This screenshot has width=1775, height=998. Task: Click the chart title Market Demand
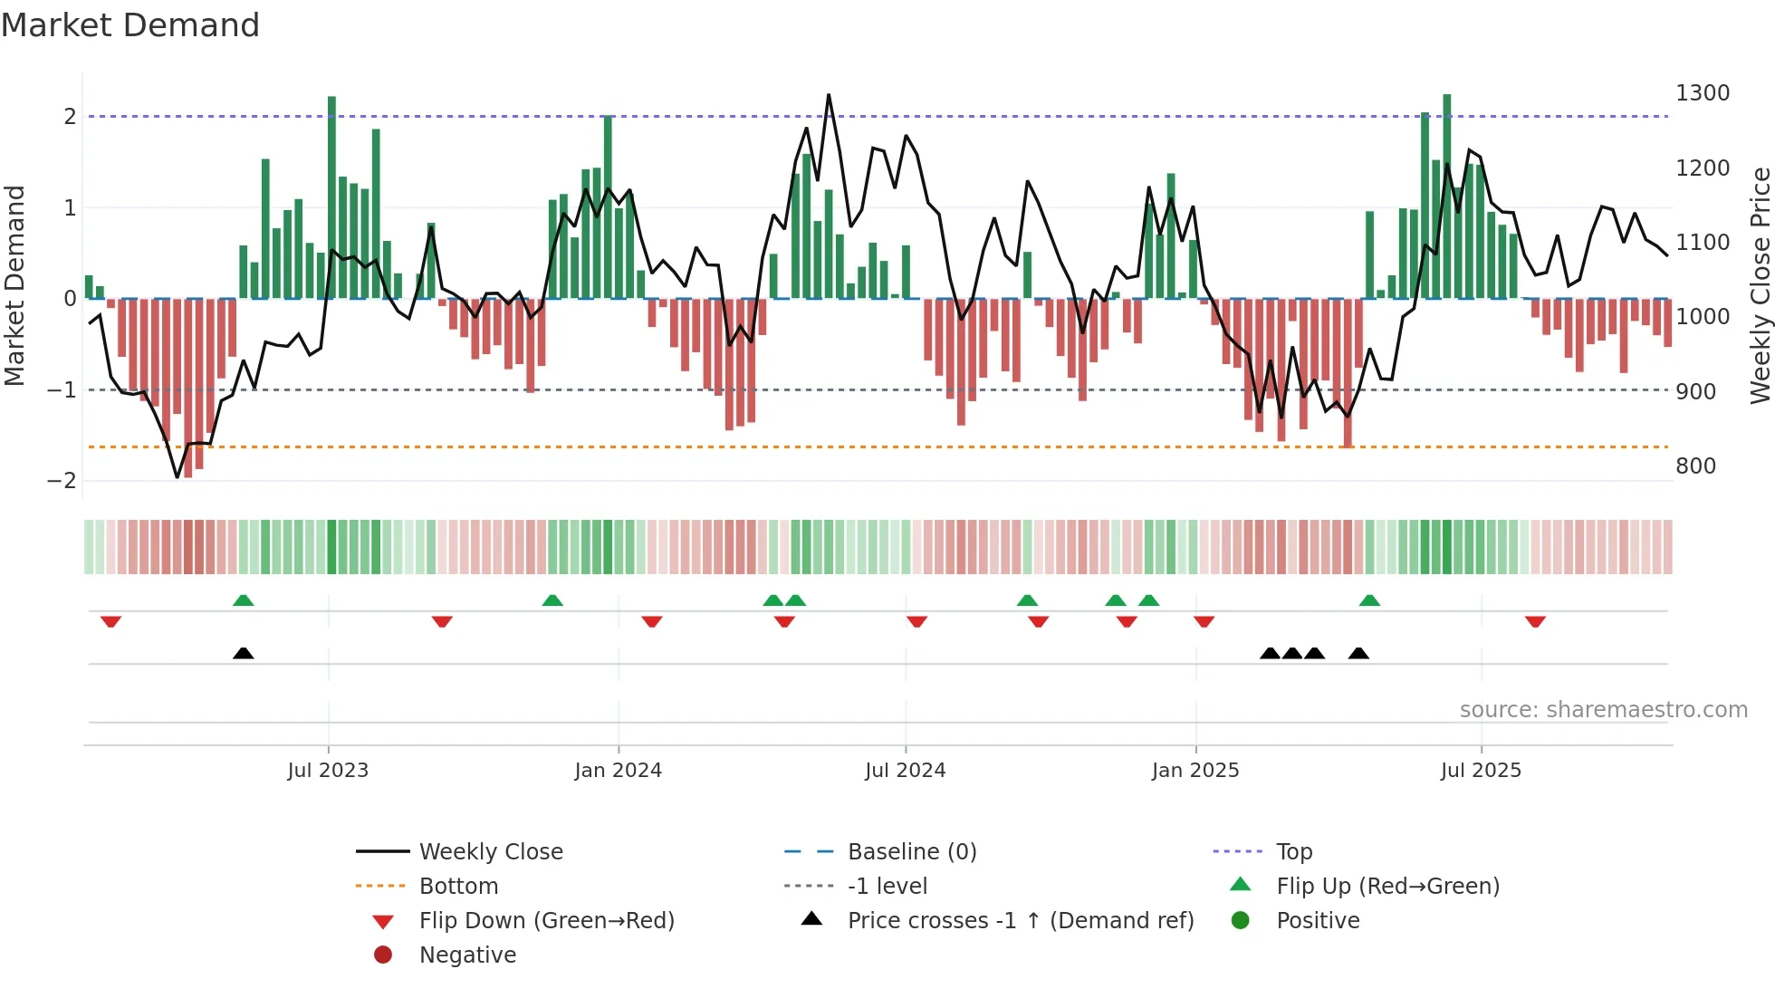pos(130,25)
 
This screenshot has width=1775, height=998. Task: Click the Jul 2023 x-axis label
pos(328,771)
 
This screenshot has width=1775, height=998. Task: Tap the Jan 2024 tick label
pos(618,771)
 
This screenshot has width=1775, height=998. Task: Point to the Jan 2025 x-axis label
pos(1195,771)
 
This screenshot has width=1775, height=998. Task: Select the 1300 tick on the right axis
pos(1702,93)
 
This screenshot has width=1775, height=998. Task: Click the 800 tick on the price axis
pos(1695,466)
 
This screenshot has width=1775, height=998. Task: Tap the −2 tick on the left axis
pos(62,481)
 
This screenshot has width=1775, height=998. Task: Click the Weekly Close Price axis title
pos(1760,285)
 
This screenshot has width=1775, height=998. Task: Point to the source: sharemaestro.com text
pos(1603,710)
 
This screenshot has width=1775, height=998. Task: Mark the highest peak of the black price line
pos(828,95)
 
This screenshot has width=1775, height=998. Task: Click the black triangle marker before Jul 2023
pos(243,653)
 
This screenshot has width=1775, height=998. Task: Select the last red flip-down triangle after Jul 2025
pos(1535,622)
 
